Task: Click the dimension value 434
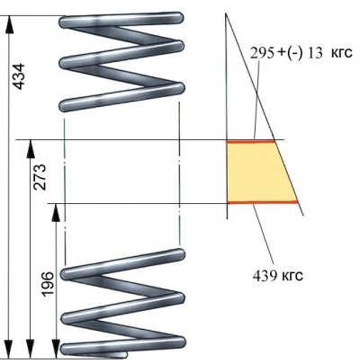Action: pos(19,76)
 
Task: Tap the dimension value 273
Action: pos(40,177)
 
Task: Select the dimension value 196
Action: pos(48,284)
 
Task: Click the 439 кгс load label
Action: pos(278,275)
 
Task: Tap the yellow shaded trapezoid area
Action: pos(258,172)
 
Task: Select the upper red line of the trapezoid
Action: pos(251,141)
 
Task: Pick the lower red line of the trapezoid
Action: pos(263,202)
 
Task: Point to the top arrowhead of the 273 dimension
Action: pos(31,149)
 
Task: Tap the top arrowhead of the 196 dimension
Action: pos(56,212)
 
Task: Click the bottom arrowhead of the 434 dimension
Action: pos(9,349)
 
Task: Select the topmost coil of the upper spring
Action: pos(121,20)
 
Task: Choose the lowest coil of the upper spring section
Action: pos(121,97)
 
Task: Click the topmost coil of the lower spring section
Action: pos(122,264)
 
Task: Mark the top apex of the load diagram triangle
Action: pos(226,13)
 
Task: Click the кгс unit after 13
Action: pos(341,53)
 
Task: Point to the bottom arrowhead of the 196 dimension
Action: pos(56,349)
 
